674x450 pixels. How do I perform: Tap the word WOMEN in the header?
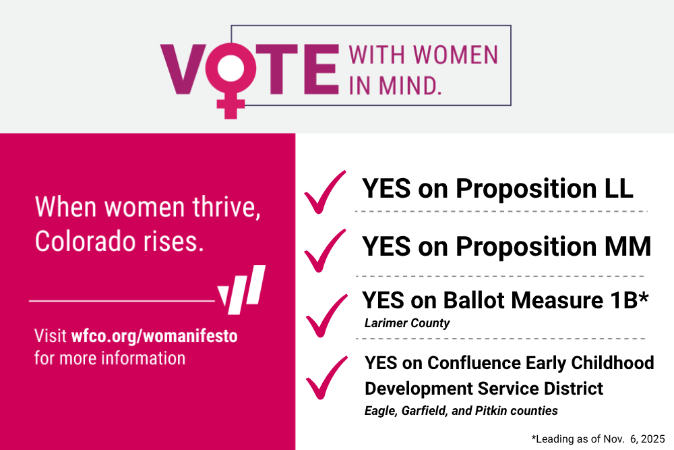click(455, 55)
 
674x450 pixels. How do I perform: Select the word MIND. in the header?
click(410, 86)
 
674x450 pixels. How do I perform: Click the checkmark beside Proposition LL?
click(325, 192)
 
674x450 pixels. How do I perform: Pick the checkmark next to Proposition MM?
click(325, 251)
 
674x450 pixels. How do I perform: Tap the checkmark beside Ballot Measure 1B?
click(327, 316)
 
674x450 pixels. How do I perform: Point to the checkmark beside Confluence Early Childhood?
click(327, 378)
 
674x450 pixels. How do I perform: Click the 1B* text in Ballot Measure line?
click(629, 300)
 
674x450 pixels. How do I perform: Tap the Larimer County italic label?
click(406, 323)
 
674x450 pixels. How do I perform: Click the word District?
click(574, 389)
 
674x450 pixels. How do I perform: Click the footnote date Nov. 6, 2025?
click(634, 439)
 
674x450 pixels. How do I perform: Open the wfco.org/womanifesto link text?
click(154, 336)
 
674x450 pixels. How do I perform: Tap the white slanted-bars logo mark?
click(241, 290)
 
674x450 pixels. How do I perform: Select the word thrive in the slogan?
click(226, 207)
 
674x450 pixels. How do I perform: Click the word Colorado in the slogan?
click(86, 242)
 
